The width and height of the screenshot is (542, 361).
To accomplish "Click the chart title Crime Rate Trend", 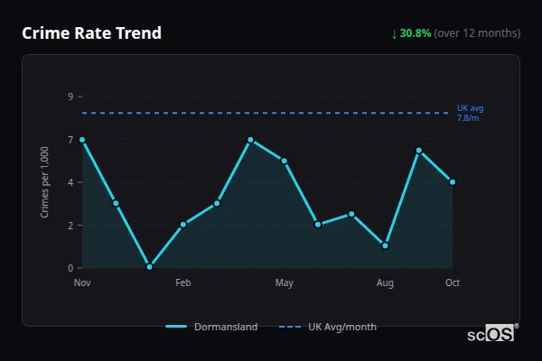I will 91,33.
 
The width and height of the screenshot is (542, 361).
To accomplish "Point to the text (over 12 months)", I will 477,33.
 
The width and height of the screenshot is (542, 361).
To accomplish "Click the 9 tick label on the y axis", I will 70,97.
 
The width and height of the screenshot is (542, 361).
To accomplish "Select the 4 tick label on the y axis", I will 70,182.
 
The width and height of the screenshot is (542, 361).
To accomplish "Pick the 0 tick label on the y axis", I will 70,268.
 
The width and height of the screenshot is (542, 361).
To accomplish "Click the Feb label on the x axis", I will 182,283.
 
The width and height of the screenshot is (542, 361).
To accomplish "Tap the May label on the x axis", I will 285,283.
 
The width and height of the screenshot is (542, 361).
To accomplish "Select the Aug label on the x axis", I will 385,283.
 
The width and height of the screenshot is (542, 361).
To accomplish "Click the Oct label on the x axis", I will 453,283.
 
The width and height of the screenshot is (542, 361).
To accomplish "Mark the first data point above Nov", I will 82,140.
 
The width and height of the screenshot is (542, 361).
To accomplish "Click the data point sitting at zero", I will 149,267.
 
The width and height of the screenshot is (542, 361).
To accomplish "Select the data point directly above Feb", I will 182,225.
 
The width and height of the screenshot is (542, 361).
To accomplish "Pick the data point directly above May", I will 285,161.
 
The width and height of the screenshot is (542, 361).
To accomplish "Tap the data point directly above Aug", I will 385,245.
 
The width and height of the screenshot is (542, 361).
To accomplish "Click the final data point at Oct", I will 453,182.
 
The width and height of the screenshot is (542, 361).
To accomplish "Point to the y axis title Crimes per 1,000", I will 45,182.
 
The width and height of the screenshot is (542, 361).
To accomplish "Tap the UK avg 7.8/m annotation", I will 470,113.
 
